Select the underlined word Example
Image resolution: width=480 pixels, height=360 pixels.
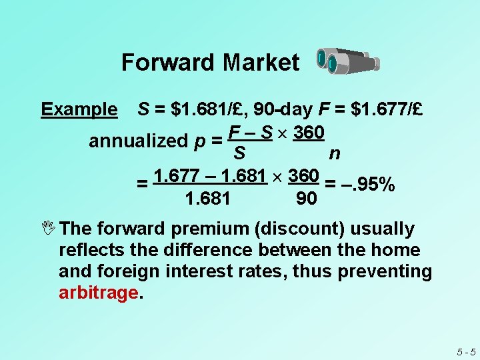79,109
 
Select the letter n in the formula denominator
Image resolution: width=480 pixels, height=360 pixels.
335,153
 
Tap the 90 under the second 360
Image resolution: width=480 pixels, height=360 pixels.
306,199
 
